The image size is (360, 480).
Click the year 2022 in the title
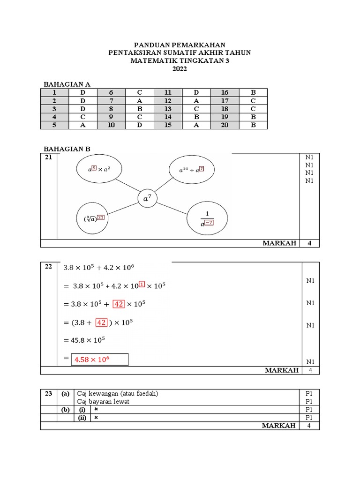(x=180, y=69)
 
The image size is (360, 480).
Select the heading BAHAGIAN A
(x=67, y=84)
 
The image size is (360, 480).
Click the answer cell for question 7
(x=139, y=101)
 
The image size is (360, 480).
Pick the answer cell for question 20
(x=253, y=125)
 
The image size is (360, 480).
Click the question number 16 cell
(x=225, y=92)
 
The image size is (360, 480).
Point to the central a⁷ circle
(x=147, y=199)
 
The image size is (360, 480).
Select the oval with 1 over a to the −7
(x=207, y=219)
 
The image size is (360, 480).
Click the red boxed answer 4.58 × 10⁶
(x=99, y=360)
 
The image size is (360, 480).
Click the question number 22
(x=48, y=267)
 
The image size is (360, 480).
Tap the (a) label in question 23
(x=65, y=394)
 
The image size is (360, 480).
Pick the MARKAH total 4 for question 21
(x=309, y=243)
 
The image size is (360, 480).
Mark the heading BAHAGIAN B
(x=67, y=149)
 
